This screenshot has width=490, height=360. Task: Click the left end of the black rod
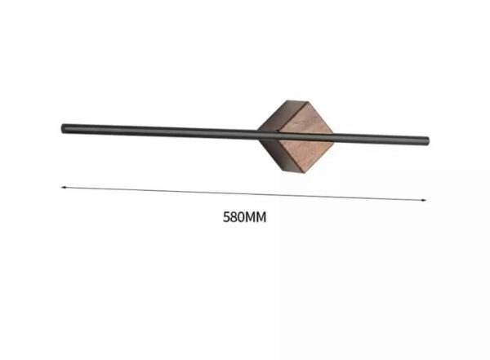pos(62,129)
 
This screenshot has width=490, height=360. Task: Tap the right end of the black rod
pos(428,141)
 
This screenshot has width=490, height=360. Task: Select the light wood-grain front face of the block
pos(305,138)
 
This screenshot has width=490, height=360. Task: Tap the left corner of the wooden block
pos(258,129)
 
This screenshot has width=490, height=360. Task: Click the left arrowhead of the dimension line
pos(63,188)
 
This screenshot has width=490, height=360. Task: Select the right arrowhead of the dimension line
pos(424,200)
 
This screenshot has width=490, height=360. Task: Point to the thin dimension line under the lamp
pos(243,193)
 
